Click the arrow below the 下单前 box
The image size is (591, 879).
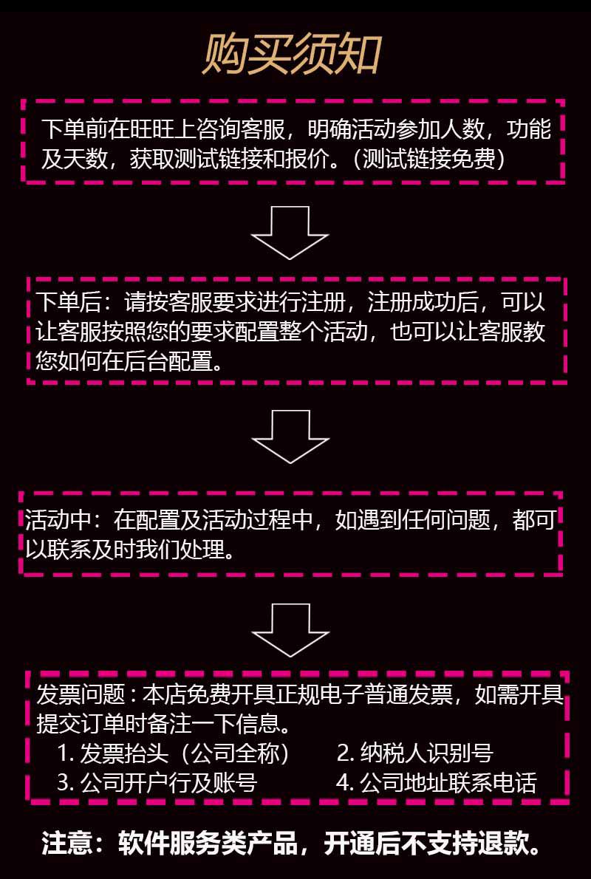[290, 232]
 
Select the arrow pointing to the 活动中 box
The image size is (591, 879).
[290, 436]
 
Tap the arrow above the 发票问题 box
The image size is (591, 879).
[290, 629]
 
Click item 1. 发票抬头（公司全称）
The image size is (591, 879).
[174, 753]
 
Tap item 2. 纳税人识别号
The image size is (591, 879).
[414, 753]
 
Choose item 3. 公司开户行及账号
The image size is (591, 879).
[157, 783]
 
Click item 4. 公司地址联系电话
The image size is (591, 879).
[436, 783]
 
